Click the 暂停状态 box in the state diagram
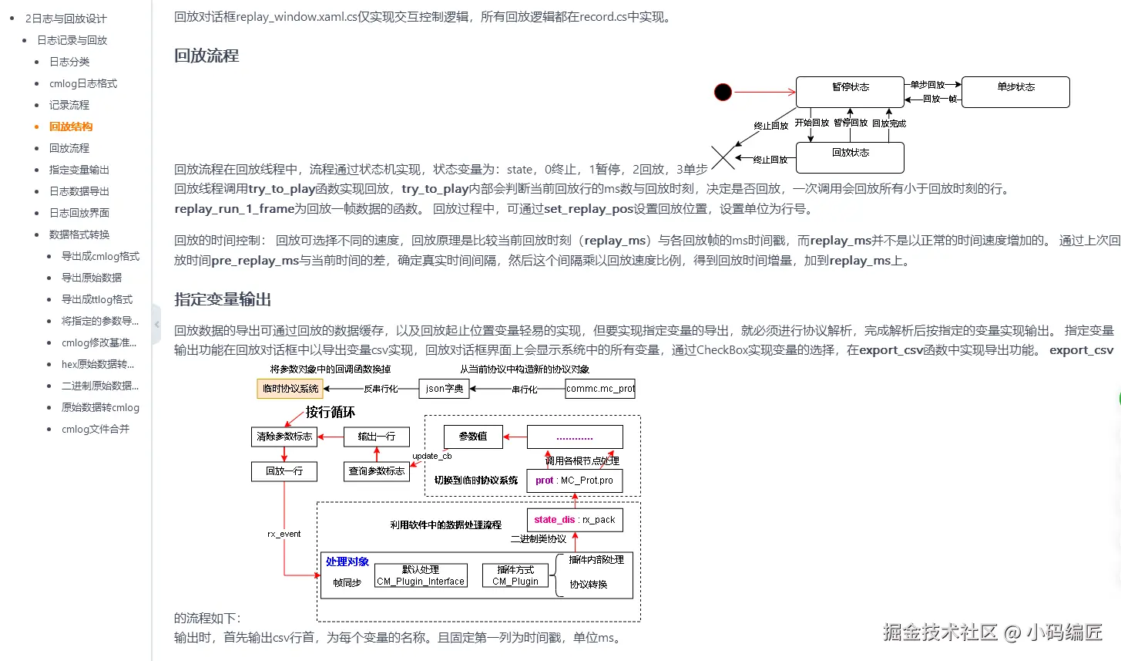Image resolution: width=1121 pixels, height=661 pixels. coord(849,92)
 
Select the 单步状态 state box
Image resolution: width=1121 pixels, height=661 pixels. coord(1015,92)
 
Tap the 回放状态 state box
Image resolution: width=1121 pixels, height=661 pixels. coord(849,158)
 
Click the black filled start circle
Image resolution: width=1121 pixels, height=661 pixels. coord(723,93)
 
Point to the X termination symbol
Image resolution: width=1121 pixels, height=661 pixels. coord(723,158)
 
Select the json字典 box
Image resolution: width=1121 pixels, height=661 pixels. coord(445,389)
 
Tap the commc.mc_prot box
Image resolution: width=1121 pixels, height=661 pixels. coord(600,389)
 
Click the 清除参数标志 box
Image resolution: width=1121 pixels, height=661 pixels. coord(284,437)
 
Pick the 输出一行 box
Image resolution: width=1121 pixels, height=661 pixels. coord(376,437)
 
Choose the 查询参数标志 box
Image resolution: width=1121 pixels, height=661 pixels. coord(376,470)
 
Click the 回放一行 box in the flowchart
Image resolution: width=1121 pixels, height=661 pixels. coord(284,470)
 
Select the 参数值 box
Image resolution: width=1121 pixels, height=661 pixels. coord(473,437)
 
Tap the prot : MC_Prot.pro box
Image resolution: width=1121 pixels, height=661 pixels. coord(575,481)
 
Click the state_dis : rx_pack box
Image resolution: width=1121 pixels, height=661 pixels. coord(575,520)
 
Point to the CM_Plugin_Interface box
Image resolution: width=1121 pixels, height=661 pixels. coord(421,576)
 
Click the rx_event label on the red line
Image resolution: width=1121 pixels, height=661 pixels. coord(284,534)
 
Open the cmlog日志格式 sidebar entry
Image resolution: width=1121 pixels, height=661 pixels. coord(83,83)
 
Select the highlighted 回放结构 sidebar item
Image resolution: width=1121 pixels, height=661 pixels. coord(71,126)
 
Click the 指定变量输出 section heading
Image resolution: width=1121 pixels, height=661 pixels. coord(223,299)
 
